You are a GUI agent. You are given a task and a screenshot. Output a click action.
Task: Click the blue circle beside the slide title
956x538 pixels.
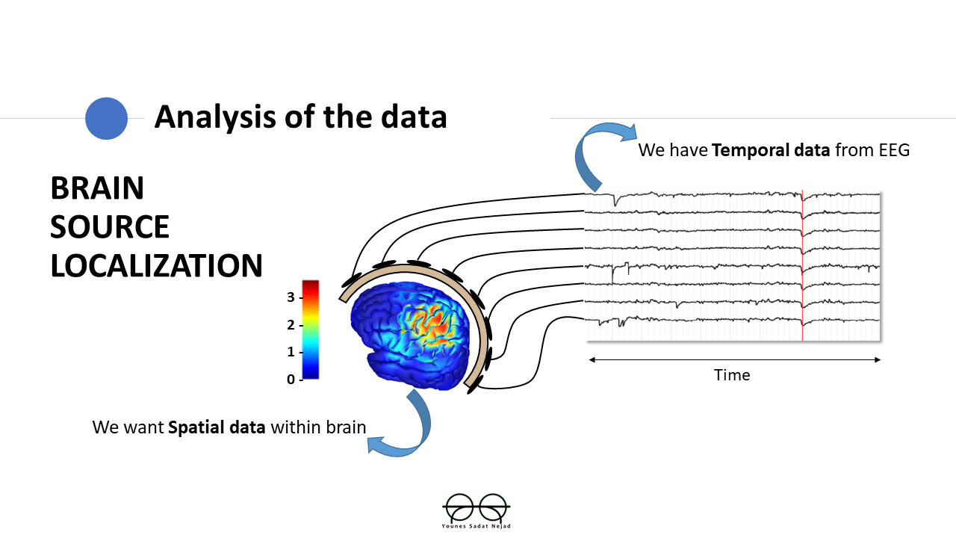pos(106,118)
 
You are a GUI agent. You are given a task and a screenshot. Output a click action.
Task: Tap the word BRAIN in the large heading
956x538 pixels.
pos(97,188)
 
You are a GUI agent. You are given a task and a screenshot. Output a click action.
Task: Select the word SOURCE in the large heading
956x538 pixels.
pos(110,226)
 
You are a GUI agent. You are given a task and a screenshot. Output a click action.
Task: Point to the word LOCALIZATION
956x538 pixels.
pos(156,265)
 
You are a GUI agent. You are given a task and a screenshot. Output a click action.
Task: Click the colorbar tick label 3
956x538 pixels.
pos(291,297)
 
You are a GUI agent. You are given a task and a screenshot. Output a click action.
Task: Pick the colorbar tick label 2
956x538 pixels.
pos(291,325)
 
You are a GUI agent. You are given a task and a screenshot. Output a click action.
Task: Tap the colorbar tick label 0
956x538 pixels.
pos(291,380)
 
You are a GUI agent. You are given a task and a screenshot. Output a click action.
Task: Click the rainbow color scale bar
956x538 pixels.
pos(310,329)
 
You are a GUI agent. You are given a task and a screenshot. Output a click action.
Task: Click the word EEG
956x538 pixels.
pos(895,150)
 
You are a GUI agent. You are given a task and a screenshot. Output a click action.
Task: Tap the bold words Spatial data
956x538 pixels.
pos(217,427)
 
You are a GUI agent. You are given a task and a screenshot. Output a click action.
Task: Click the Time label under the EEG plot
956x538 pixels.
pos(732,375)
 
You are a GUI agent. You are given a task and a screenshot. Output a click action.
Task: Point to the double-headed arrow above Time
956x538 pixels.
pos(735,359)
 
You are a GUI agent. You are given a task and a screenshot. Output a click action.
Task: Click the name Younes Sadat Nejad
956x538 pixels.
pos(476,526)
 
